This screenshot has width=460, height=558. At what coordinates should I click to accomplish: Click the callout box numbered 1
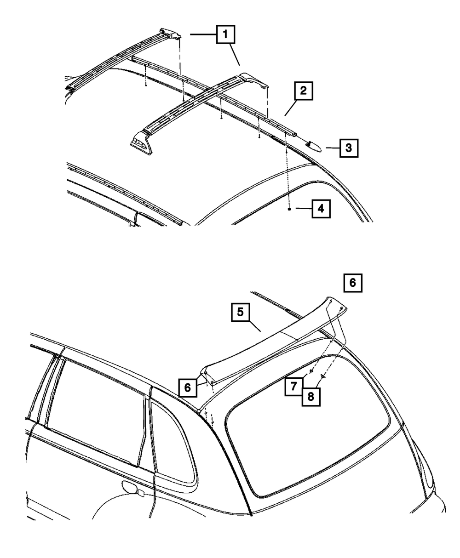pyautogui.click(x=225, y=34)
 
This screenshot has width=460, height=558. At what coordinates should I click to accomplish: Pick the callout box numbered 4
pyautogui.click(x=320, y=209)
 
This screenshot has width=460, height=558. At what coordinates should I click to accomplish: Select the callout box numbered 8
pyautogui.click(x=310, y=396)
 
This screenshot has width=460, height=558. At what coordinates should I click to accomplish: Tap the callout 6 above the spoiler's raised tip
pyautogui.click(x=352, y=283)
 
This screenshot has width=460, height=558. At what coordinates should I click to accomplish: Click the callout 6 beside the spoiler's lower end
pyautogui.click(x=187, y=387)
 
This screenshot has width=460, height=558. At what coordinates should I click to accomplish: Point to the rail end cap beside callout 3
pyautogui.click(x=315, y=145)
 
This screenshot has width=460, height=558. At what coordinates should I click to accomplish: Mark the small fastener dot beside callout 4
pyautogui.click(x=289, y=209)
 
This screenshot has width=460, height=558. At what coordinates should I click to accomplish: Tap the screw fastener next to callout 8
pyautogui.click(x=323, y=376)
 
